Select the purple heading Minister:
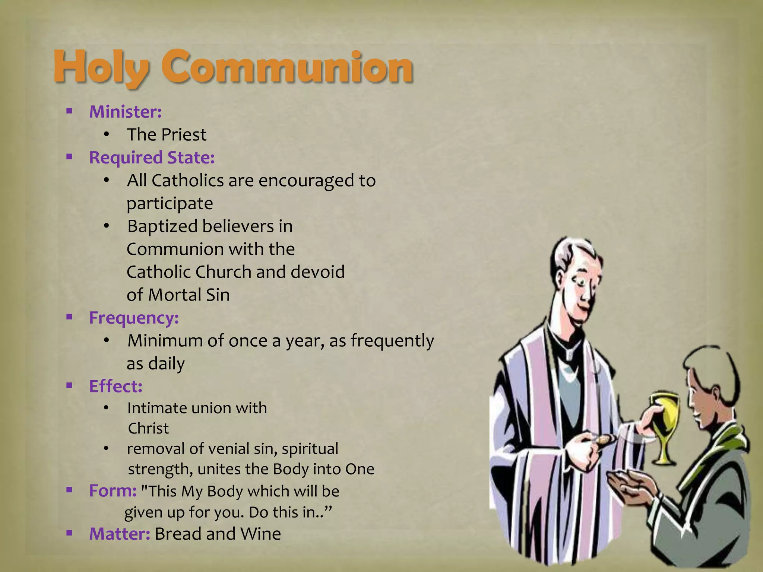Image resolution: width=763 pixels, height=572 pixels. click(x=126, y=112)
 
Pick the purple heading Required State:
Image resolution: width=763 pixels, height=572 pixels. click(x=152, y=158)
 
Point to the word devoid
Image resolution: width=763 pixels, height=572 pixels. click(x=317, y=272)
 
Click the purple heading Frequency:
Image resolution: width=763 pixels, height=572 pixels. click(x=134, y=318)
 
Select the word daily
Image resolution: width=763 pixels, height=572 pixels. click(x=166, y=364)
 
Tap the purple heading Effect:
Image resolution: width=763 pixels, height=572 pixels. click(x=116, y=386)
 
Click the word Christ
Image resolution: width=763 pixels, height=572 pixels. click(x=148, y=429)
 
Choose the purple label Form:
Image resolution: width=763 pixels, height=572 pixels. click(x=113, y=491)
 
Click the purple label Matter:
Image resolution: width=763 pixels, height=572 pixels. click(x=120, y=534)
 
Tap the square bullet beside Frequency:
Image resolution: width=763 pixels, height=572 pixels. click(x=69, y=317)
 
